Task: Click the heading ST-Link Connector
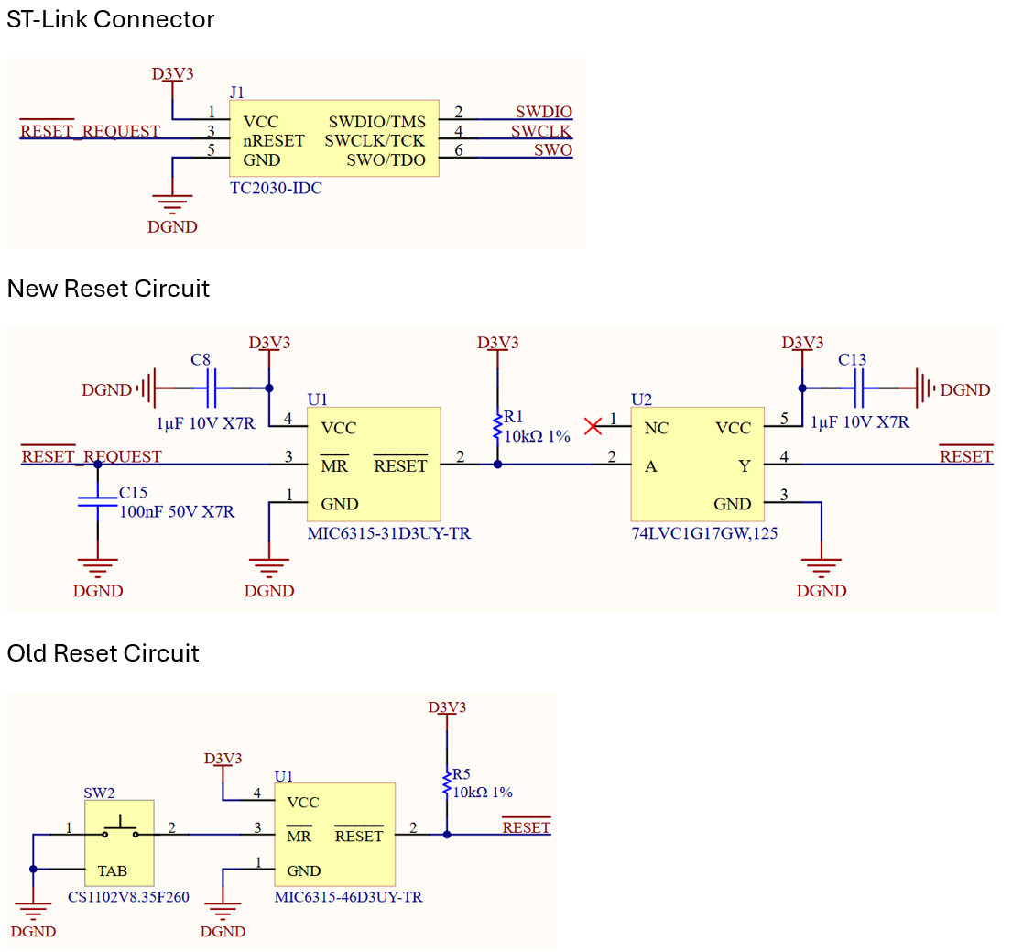click(111, 19)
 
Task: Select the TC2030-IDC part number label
click(276, 188)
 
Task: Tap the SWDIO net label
click(543, 112)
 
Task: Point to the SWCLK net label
click(541, 131)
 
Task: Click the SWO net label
click(553, 150)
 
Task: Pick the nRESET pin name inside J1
click(274, 141)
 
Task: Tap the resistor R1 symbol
click(497, 425)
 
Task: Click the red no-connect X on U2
click(593, 425)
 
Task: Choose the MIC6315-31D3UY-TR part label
click(389, 532)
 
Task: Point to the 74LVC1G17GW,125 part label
click(704, 532)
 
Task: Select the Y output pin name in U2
click(745, 466)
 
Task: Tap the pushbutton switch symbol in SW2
click(120, 831)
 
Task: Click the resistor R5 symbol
click(446, 783)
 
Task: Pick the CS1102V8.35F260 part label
click(128, 897)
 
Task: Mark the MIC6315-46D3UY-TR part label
click(348, 897)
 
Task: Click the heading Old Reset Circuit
click(103, 653)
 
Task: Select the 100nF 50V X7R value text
click(177, 511)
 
